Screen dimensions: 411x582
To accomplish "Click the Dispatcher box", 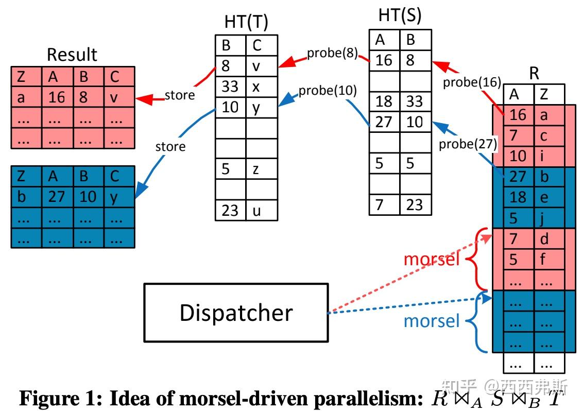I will [x=236, y=313].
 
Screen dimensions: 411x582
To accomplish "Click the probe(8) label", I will [x=332, y=53].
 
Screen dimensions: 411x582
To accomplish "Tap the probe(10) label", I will [x=327, y=91].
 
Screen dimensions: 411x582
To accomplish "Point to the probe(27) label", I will [x=468, y=144].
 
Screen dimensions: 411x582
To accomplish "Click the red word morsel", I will [x=431, y=259].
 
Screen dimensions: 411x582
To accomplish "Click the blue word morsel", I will [x=431, y=321].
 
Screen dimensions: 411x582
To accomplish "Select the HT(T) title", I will [x=246, y=22].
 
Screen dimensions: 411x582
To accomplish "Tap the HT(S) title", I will [x=400, y=15].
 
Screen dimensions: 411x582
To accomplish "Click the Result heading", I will [x=72, y=54].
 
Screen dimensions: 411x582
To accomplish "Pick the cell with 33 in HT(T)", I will [x=230, y=87].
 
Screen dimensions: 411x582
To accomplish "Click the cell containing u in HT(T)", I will [x=262, y=210].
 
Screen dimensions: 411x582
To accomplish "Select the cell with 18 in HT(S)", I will [x=384, y=101].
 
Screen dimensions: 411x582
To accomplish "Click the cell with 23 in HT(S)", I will [x=415, y=204].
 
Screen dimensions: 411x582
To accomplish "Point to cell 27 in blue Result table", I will [x=57, y=197].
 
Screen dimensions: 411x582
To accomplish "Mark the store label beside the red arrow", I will [x=179, y=95].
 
